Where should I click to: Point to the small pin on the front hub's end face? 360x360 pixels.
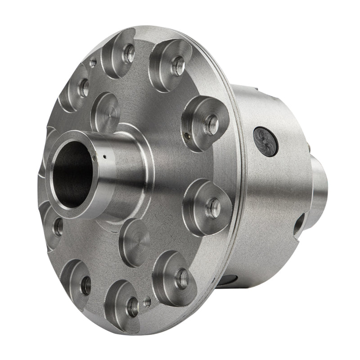tap(94, 157)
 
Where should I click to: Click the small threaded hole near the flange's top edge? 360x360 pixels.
tap(93, 63)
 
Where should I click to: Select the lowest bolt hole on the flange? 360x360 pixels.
tap(133, 307)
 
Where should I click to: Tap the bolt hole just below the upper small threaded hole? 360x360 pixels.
tap(84, 89)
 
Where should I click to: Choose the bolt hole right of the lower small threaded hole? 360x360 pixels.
tap(182, 279)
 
